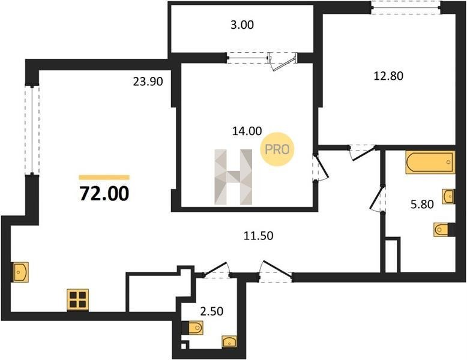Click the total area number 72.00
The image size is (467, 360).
point(104,194)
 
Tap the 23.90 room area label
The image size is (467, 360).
point(148,82)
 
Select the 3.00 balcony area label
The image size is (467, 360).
point(242,25)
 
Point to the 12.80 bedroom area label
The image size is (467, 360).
point(388,76)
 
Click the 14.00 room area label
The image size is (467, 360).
point(247,131)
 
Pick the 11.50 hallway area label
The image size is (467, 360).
point(258,236)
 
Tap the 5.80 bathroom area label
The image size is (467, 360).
point(422,205)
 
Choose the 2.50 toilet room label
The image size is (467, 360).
point(211,311)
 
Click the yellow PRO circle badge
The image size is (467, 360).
point(277,149)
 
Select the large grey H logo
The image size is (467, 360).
point(233,177)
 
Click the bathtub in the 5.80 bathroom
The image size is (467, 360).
point(430,162)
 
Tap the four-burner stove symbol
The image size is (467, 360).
point(78,299)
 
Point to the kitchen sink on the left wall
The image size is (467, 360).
point(20,272)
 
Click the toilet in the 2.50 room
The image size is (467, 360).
point(193,328)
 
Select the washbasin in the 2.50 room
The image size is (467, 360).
point(229,341)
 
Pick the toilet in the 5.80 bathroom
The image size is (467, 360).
point(444,230)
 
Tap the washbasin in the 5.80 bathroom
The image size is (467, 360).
point(448,197)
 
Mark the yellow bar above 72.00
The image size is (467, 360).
point(104,178)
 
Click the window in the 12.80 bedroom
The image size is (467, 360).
point(406,7)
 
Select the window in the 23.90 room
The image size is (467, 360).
point(32,130)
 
